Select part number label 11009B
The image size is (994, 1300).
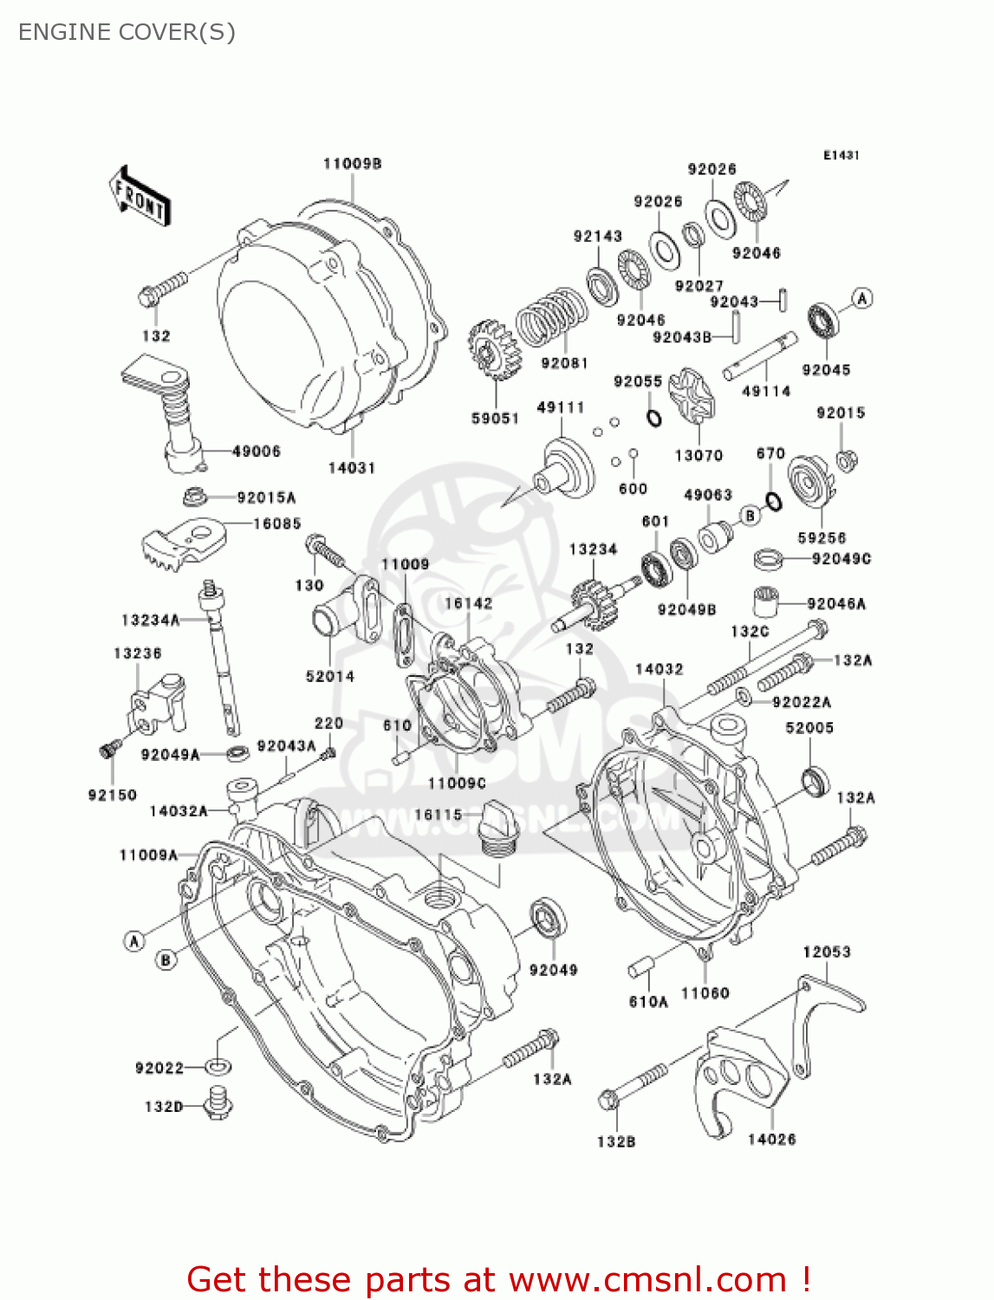[352, 164]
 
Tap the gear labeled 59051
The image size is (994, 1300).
[494, 350]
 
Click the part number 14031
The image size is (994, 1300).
[351, 468]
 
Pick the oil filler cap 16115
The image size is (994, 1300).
[497, 827]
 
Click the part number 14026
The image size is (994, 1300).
[771, 1140]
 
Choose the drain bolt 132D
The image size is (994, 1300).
[218, 1103]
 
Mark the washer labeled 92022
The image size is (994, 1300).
[218, 1066]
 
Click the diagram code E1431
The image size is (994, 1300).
[841, 155]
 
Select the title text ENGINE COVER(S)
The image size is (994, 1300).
[127, 32]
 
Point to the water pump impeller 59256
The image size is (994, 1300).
[809, 485]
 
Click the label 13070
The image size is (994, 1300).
[698, 455]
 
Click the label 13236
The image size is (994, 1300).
[137, 653]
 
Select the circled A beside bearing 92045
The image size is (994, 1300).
[861, 299]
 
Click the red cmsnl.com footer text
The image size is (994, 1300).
[498, 1279]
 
